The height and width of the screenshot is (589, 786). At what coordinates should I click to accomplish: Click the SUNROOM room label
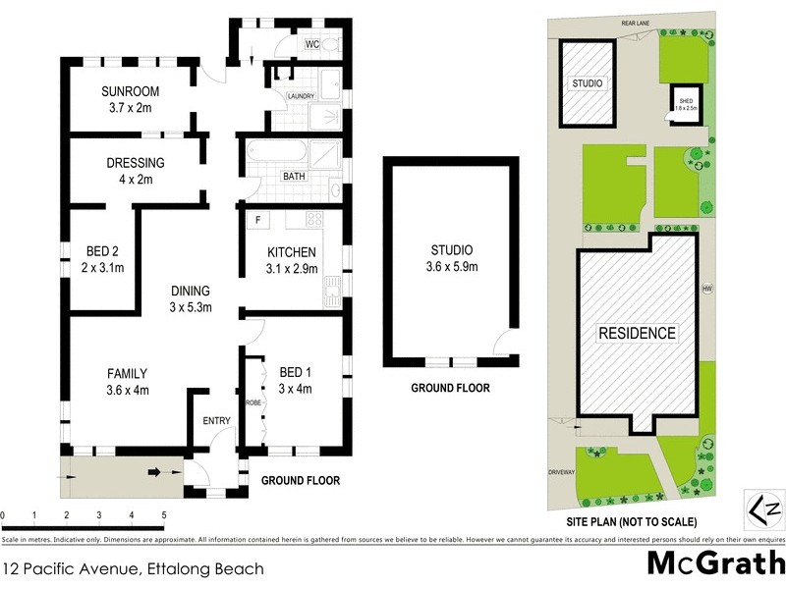coord(131,100)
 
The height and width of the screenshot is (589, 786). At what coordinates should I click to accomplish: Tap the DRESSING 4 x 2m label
coord(136,171)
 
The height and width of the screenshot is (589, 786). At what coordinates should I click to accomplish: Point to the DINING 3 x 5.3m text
coord(191,299)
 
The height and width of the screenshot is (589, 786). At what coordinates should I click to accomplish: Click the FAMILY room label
coord(128,381)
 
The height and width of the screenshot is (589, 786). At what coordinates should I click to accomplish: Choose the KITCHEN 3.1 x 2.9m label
coord(292,259)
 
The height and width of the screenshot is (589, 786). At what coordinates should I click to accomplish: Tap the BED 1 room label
coord(296,379)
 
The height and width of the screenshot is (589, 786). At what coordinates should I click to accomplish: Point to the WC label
coord(312,45)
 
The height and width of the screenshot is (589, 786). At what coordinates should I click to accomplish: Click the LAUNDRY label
coord(300,96)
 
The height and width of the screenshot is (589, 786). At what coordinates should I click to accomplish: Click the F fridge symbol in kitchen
coord(257,219)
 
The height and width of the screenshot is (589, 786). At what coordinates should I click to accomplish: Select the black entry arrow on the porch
coord(154,472)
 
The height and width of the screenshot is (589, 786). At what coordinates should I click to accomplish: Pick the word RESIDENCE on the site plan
coord(638,334)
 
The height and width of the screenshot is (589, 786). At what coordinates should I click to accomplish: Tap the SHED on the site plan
coord(684,103)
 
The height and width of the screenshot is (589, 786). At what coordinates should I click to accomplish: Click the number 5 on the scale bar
coord(164,514)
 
